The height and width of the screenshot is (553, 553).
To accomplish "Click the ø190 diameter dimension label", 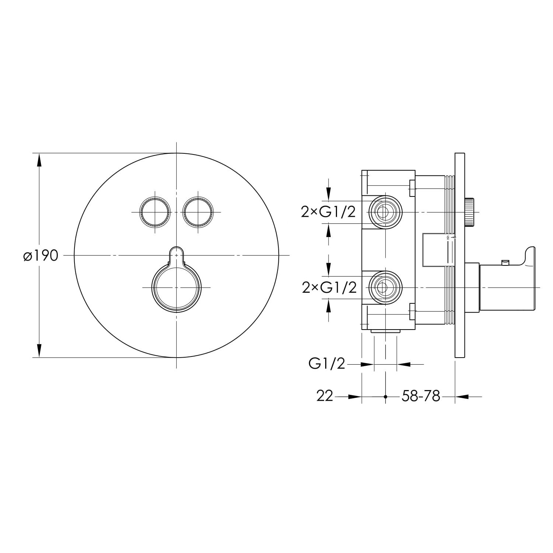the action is tap(40, 255).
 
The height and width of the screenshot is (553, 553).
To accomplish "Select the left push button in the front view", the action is tap(155, 212).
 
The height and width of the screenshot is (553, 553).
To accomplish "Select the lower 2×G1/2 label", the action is tap(329, 288).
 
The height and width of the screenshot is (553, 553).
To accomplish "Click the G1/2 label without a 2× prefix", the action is tap(327, 364).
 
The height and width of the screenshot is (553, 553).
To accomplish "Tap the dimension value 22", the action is tap(324, 396).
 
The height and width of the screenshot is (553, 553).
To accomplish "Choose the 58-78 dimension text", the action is tap(421, 396).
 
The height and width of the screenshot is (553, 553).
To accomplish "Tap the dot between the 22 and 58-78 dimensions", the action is tap(385, 397).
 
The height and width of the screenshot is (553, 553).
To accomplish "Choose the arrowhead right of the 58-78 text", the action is tap(462, 397).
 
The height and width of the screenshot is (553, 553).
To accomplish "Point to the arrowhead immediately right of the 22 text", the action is tap(355, 397).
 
